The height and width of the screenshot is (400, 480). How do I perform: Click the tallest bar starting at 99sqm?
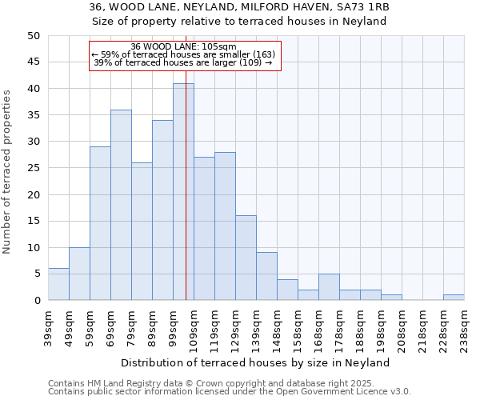pyautogui.click(x=183, y=192)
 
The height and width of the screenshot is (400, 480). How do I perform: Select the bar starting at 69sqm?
pyautogui.click(x=121, y=205)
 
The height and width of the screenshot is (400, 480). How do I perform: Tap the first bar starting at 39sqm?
pyautogui.click(x=58, y=285)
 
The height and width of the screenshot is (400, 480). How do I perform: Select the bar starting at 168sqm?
pyautogui.click(x=329, y=287)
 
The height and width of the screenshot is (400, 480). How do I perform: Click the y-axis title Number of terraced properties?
pyautogui.click(x=7, y=171)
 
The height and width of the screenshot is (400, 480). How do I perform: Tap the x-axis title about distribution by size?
pyautogui.click(x=255, y=362)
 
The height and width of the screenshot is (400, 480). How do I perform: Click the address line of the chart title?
pyautogui.click(x=239, y=7)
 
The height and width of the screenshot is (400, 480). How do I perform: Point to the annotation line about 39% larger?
pyautogui.click(x=183, y=62)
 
